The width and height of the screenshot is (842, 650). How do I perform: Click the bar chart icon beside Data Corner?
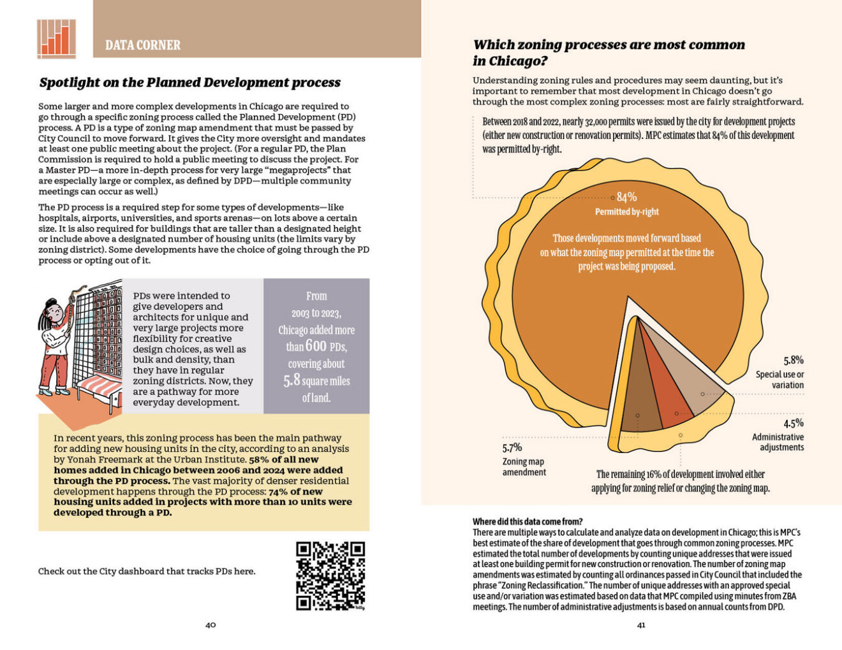pyautogui.click(x=56, y=38)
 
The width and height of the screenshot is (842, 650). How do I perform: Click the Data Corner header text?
pyautogui.click(x=143, y=45)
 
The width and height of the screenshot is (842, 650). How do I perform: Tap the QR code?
pyautogui.click(x=330, y=575)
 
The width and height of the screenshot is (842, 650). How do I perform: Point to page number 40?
pyautogui.click(x=211, y=625)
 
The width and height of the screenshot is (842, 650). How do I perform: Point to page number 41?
pyautogui.click(x=641, y=625)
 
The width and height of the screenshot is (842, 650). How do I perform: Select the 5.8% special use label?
pyautogui.click(x=793, y=360)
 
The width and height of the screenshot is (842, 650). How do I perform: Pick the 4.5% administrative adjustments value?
pyautogui.click(x=793, y=423)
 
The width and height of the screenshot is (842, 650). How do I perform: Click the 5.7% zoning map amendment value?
pyautogui.click(x=512, y=447)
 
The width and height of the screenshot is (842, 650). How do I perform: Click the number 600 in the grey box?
pyautogui.click(x=316, y=346)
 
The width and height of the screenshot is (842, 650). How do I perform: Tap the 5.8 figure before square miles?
pyautogui.click(x=292, y=380)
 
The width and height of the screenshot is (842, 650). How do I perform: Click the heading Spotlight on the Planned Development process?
pyautogui.click(x=189, y=82)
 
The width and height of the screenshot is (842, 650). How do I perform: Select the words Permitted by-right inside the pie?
pyautogui.click(x=626, y=212)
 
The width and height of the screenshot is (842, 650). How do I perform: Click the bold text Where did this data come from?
pyautogui.click(x=528, y=521)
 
